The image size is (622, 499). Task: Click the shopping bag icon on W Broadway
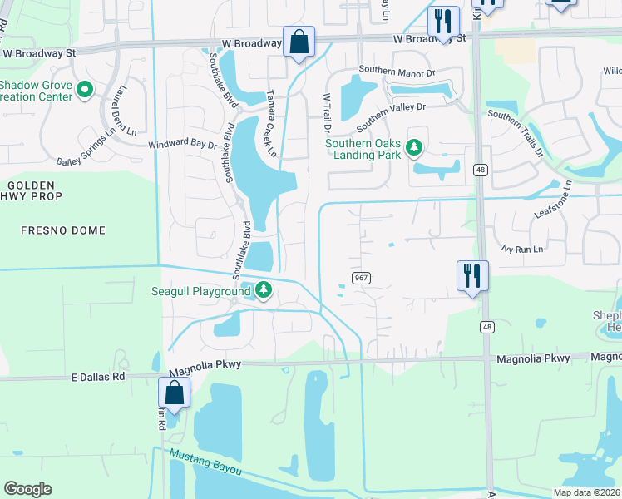click(x=299, y=41)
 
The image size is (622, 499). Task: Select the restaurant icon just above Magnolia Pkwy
click(x=472, y=275)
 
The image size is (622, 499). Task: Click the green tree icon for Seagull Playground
click(x=264, y=290)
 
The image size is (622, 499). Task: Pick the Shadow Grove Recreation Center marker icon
click(x=84, y=89)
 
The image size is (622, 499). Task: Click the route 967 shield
click(x=360, y=277)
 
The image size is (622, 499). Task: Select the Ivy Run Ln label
click(x=522, y=249)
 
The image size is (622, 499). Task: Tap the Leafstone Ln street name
click(x=555, y=199)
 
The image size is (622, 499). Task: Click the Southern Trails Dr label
click(x=516, y=134)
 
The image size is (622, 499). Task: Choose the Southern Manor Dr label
click(x=397, y=72)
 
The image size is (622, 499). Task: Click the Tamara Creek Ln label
click(x=270, y=124)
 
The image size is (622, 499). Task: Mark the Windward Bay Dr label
click(x=182, y=144)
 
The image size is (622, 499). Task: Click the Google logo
click(x=27, y=489)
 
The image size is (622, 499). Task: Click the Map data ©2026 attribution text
click(x=586, y=492)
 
